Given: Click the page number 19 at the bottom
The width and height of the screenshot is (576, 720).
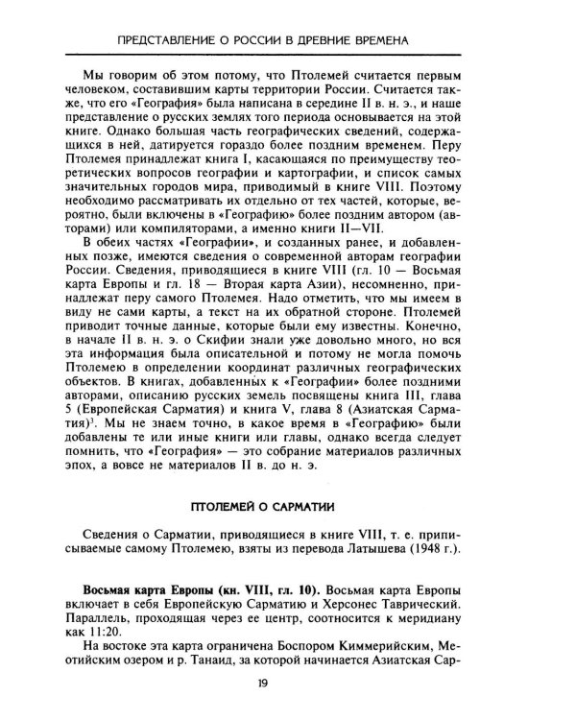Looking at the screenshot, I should [288, 684].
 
